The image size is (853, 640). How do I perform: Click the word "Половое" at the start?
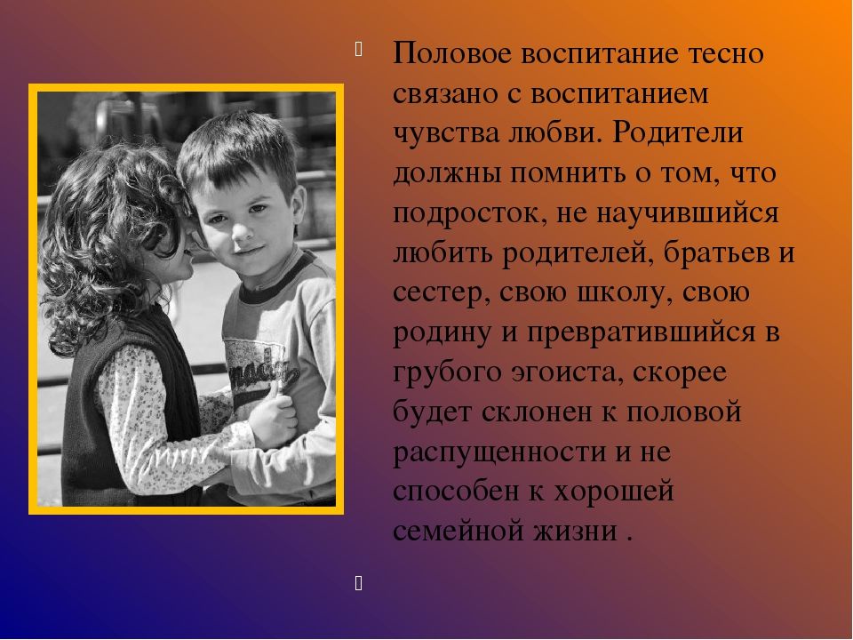tap(452, 54)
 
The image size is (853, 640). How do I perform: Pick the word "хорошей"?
tap(614, 492)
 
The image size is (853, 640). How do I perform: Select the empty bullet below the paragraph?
tap(358, 583)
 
